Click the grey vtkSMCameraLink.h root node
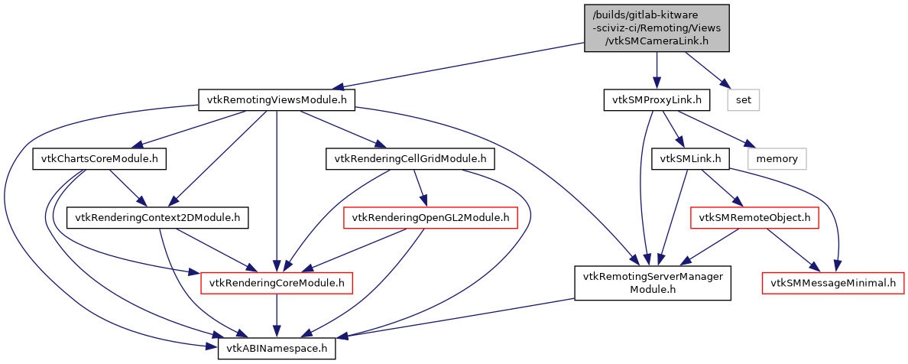pos(657,28)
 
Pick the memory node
pos(777,159)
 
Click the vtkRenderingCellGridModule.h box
pos(410,159)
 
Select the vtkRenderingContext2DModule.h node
pos(158,218)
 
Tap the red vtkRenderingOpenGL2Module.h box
pos(431,218)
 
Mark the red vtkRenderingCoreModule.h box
pos(276,284)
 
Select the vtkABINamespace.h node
pos(276,348)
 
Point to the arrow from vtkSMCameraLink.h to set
pos(704,69)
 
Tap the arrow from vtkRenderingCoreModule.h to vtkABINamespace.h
pos(276,316)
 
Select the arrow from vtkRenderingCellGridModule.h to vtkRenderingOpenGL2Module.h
pos(420,188)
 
